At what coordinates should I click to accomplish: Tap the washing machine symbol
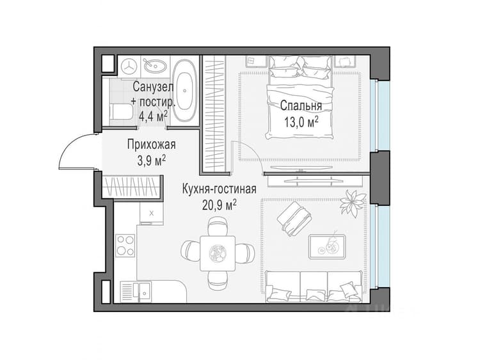pyautogui.click(x=129, y=66)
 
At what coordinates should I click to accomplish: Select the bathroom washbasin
pyautogui.click(x=156, y=65)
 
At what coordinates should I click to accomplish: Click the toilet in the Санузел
pyautogui.click(x=121, y=112)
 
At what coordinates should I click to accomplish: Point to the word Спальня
pyautogui.click(x=301, y=106)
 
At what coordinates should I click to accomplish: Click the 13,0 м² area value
pyautogui.click(x=301, y=122)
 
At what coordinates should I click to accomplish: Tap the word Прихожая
pyautogui.click(x=152, y=145)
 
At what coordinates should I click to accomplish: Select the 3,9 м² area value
pyautogui.click(x=152, y=160)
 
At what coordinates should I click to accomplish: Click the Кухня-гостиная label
pyautogui.click(x=219, y=189)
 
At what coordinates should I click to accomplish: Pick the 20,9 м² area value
pyautogui.click(x=219, y=205)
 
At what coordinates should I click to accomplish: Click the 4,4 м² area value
pyautogui.click(x=154, y=116)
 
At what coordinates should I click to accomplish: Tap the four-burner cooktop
pyautogui.click(x=125, y=246)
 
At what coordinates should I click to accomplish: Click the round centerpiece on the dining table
pyautogui.click(x=218, y=253)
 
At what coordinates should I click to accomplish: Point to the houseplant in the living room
pyautogui.click(x=353, y=203)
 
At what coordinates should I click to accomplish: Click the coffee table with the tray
pyautogui.click(x=327, y=247)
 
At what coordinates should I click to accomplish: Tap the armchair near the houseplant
pyautogui.click(x=294, y=218)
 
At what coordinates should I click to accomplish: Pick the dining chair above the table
pyautogui.click(x=218, y=226)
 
